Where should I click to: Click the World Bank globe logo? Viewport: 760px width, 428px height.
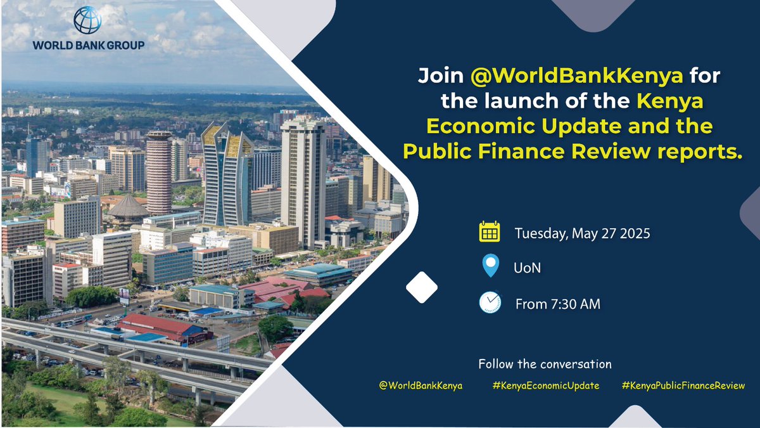[x=87, y=20]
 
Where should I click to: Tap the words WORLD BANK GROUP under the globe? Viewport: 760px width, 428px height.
[x=89, y=45]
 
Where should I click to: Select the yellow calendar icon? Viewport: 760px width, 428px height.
[x=490, y=232]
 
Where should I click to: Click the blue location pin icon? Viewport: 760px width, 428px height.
[x=490, y=266]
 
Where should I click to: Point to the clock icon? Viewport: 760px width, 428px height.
[x=490, y=302]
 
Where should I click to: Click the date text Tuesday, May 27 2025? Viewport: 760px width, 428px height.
[x=583, y=233]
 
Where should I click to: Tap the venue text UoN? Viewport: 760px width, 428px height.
[x=527, y=268]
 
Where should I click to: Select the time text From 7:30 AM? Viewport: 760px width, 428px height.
[x=558, y=304]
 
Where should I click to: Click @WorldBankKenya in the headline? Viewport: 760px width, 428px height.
[x=577, y=76]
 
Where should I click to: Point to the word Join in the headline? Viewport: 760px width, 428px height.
[x=441, y=76]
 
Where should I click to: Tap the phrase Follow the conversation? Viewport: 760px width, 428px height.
[x=545, y=364]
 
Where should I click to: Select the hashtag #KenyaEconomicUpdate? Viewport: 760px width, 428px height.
[x=545, y=386]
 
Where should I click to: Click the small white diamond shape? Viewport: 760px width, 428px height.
[x=421, y=287]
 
